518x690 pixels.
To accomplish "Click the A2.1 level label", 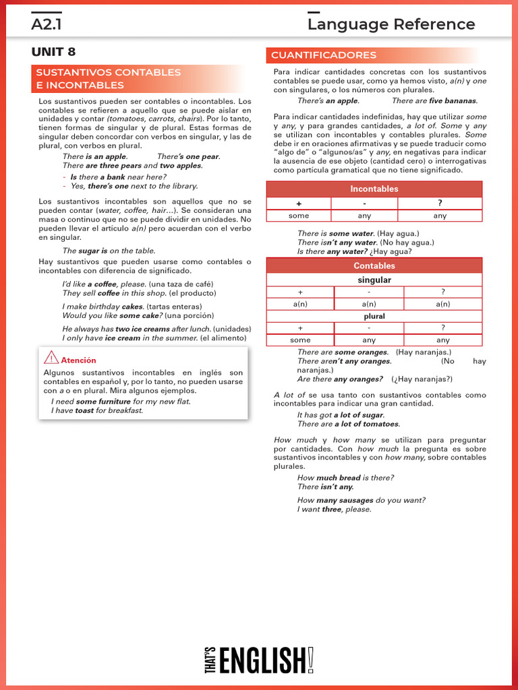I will point(47,25).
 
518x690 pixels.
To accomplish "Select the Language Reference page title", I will point(391,25).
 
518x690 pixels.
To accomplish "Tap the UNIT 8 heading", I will point(53,52).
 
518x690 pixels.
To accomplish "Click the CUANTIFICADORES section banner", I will point(324,55).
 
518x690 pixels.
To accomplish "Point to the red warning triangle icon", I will point(51,358).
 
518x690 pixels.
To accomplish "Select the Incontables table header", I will point(374,189).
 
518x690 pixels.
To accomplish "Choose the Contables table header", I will point(374,266).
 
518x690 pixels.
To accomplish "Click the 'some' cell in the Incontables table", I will point(299,216).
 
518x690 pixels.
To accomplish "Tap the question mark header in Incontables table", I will point(440,203).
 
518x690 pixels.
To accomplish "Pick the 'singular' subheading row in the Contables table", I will point(374,280).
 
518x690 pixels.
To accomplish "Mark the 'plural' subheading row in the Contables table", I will point(374,316).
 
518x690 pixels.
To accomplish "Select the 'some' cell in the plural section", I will point(300,340).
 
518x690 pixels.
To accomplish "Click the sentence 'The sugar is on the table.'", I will point(109,251).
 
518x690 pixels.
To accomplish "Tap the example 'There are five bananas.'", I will point(434,101).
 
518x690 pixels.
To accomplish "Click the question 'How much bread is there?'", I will point(345,478).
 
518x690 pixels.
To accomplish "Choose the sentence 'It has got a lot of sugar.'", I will point(341,415).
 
